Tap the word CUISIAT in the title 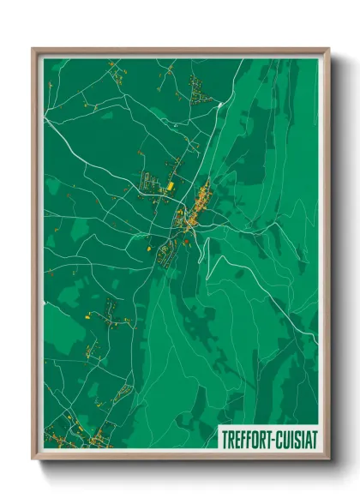[x=296, y=436]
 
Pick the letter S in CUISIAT [x=296, y=436]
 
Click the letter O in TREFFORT [x=255, y=436]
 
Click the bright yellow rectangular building [x=170, y=185]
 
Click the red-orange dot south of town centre [x=186, y=243]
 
